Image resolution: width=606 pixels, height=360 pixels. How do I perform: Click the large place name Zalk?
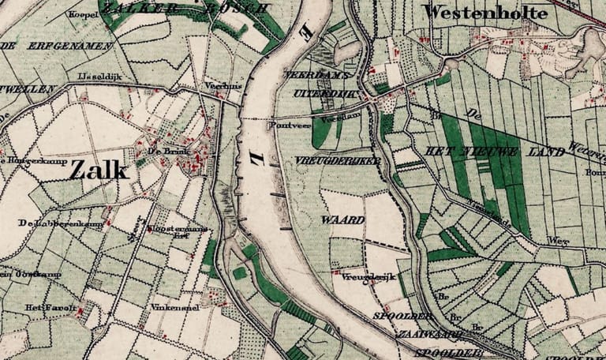99,169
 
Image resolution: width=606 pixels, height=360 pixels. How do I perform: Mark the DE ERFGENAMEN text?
57,46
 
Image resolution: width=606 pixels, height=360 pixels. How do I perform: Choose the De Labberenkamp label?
50,223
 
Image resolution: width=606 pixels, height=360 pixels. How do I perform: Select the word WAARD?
342,219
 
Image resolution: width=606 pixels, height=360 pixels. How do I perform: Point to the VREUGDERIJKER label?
326,159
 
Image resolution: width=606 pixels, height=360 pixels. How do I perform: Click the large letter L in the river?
258,158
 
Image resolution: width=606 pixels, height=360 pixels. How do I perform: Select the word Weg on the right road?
559,239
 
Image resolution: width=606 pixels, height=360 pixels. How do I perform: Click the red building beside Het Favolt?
80,312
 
